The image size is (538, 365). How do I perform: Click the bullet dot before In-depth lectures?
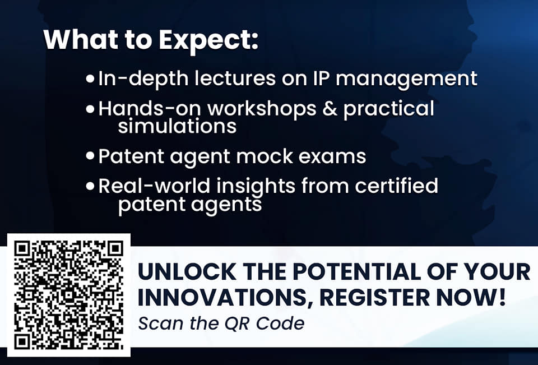90,78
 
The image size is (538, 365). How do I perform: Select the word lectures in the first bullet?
235,78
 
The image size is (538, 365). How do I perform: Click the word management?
407,79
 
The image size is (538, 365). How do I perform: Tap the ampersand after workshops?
330,109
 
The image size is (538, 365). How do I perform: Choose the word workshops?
262,109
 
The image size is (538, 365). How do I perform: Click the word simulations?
177,126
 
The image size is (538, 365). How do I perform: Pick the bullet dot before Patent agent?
90,156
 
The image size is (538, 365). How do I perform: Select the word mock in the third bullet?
264,156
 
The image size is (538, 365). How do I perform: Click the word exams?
332,157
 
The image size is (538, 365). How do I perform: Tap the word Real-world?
154,186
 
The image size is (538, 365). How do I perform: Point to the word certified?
396,186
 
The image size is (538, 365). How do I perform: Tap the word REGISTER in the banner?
375,297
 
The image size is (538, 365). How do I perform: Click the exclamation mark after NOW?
502,297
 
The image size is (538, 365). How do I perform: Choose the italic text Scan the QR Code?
221,324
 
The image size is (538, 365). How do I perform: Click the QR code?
68,295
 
